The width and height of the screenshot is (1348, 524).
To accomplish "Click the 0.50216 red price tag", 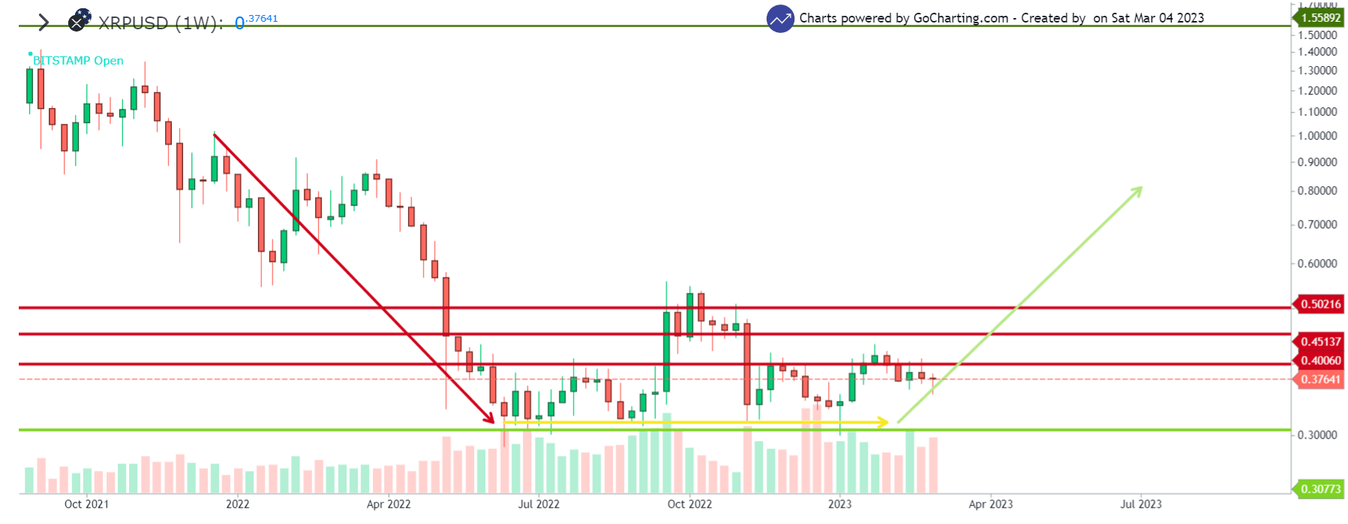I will pos(1319,304).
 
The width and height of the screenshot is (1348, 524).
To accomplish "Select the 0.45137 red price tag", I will pos(1319,342).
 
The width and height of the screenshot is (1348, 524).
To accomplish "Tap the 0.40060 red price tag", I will pos(1319,360).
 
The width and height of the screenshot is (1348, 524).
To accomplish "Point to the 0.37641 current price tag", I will pos(1319,379).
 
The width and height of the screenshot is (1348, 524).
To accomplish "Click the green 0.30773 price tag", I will pos(1319,489).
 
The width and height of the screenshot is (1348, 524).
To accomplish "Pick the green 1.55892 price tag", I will pos(1319,17).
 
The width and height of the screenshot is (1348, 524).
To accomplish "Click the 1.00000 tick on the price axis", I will pos(1317,136).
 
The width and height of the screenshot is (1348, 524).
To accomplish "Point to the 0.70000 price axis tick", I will pos(1317,224).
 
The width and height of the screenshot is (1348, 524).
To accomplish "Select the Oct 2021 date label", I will pos(86,504).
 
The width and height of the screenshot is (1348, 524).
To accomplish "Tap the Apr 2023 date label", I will pos(990,504).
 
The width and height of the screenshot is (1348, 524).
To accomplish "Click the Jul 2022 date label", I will pos(539,504).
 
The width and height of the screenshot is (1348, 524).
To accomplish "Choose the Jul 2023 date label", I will pos(1140,504).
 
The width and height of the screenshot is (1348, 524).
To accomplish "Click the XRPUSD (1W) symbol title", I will pos(160,23).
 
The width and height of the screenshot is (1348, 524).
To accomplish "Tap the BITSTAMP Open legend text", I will pos(78,61).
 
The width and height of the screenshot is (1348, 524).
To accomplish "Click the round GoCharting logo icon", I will pos(780,19).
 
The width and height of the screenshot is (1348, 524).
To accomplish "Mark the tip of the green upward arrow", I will pos(1141,188).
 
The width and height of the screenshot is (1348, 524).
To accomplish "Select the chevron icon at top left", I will pos(44,23).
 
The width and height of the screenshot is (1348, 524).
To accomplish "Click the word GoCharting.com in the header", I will pos(960,18).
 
